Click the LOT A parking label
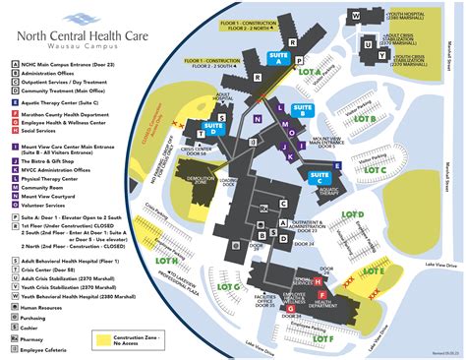(310, 72)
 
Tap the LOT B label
(365, 119)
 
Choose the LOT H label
(168, 262)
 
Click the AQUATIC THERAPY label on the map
(327, 192)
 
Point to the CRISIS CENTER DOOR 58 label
(196, 150)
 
